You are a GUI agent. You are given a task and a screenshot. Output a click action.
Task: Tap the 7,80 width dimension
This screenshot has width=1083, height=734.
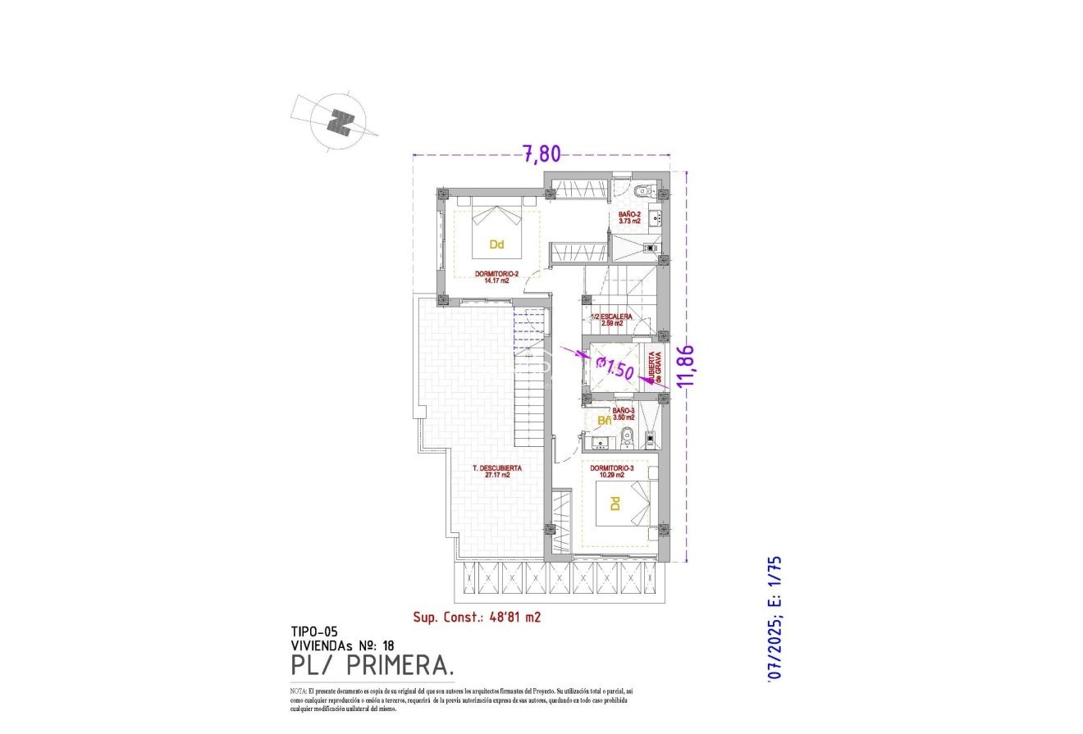(x=541, y=153)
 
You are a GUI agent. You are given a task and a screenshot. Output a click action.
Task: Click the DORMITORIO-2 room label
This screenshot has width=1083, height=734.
(x=496, y=276)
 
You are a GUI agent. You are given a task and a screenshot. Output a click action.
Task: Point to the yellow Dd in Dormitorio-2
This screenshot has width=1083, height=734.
(x=496, y=244)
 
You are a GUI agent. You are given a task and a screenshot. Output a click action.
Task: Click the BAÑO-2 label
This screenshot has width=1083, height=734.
(x=630, y=217)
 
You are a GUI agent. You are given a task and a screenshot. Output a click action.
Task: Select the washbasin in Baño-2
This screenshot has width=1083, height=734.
(x=654, y=219)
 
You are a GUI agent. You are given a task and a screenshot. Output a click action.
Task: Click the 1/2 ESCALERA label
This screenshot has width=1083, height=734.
(x=612, y=319)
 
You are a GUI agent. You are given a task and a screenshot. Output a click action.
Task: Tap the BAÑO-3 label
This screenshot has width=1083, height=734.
(x=624, y=413)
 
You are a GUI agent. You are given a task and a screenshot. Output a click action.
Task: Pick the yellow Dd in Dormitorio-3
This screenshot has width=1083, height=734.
(x=616, y=503)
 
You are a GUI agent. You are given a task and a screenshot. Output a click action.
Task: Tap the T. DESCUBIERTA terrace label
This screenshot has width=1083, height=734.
(x=497, y=472)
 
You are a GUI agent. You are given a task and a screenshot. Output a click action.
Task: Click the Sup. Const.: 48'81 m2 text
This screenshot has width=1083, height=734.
(x=477, y=618)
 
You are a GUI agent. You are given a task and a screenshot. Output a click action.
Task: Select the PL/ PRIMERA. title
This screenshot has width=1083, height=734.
(x=372, y=663)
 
